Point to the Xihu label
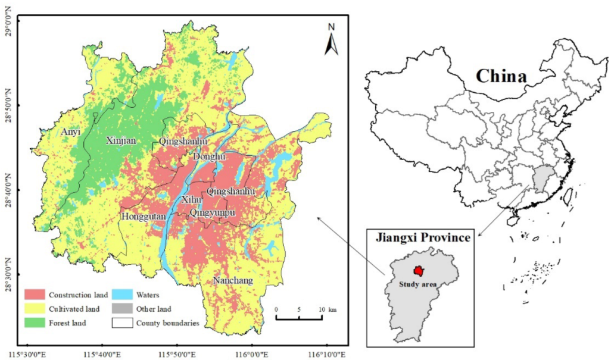[x=192, y=201]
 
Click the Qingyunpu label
[x=213, y=212]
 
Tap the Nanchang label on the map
[x=233, y=280]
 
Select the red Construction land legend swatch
[x=34, y=295]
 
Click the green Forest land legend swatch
[x=34, y=323]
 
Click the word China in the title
[x=501, y=76]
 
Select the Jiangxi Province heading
[x=423, y=237]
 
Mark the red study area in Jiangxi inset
[x=420, y=271]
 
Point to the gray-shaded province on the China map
[x=541, y=180]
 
